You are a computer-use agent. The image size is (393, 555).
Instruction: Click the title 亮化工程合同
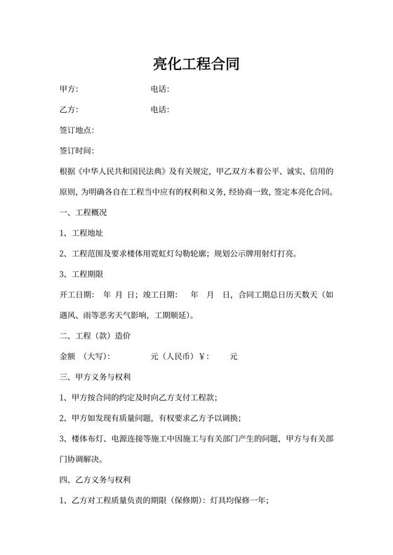(x=196, y=65)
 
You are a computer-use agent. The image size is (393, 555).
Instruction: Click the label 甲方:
(x=69, y=90)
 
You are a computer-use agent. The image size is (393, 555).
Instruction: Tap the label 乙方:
(x=69, y=110)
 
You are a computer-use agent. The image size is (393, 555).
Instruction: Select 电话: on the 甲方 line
(x=160, y=90)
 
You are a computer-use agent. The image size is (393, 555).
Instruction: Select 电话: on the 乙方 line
(x=160, y=110)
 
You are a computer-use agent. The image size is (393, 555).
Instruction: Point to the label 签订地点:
(x=77, y=130)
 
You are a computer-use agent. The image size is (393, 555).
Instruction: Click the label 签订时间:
(x=77, y=151)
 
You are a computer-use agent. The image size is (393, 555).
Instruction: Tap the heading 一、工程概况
(x=84, y=212)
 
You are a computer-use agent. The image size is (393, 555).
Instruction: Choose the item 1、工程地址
(x=82, y=233)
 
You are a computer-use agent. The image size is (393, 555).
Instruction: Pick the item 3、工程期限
(x=82, y=274)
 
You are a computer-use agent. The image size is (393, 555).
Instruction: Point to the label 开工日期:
(x=77, y=294)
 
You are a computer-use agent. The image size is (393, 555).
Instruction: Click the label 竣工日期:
(x=160, y=294)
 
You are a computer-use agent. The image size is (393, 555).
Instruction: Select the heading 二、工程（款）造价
(x=95, y=336)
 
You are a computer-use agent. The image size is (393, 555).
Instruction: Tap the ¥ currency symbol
(x=204, y=357)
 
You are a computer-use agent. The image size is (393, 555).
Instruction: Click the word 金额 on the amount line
(x=68, y=357)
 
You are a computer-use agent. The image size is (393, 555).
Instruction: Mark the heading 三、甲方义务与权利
(x=95, y=377)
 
